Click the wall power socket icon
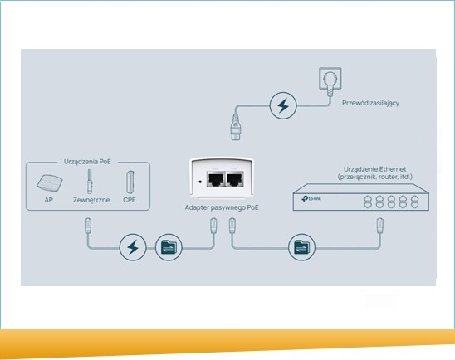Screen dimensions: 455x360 point(330,79)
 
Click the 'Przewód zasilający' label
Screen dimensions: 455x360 point(370,103)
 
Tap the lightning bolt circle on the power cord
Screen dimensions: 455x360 point(283,105)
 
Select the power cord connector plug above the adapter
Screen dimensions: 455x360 point(236,128)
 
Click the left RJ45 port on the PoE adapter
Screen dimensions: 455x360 point(216,179)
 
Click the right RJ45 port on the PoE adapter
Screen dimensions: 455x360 point(235,179)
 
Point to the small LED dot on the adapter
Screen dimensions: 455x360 point(200,182)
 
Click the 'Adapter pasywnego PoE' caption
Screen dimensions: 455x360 point(222,207)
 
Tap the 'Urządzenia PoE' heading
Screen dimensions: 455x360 point(87,162)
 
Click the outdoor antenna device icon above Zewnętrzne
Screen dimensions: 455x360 point(90,182)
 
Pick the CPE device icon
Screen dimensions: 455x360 point(130,182)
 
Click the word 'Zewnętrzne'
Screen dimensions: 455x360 point(91,200)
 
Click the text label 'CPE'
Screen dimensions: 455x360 point(130,200)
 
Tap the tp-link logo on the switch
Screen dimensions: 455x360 point(311,199)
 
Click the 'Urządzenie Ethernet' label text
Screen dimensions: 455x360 point(375,169)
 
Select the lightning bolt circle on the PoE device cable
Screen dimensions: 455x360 point(133,247)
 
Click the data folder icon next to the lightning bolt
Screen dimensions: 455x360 point(169,247)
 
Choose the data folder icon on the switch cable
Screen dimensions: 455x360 point(301,247)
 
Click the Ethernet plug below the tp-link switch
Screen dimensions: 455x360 point(379,226)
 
